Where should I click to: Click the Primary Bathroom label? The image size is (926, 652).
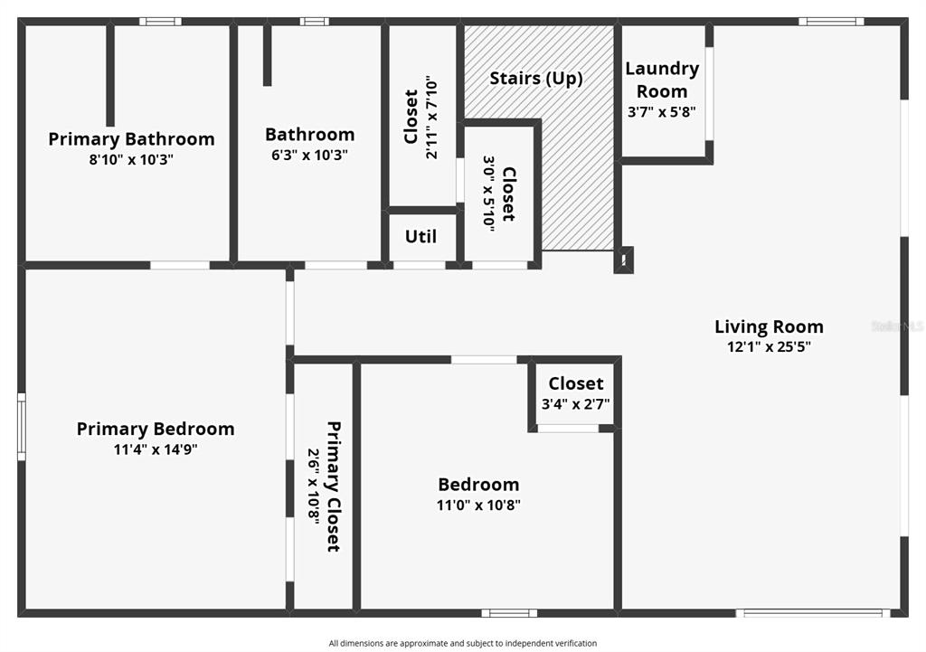click(x=131, y=139)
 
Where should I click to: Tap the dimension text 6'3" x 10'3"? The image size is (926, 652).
click(x=309, y=155)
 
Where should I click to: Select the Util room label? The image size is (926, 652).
click(x=420, y=236)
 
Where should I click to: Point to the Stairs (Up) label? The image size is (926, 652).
click(x=536, y=78)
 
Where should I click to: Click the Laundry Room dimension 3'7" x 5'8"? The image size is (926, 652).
click(x=661, y=111)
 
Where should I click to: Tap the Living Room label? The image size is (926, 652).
click(x=769, y=326)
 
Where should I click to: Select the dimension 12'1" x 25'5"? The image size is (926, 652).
click(x=769, y=346)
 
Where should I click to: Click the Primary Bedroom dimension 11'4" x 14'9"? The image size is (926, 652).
click(x=156, y=449)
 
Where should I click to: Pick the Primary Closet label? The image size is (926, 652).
click(x=334, y=487)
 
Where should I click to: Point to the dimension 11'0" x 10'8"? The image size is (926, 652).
click(x=478, y=505)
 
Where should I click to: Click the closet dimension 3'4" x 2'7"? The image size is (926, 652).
click(x=576, y=404)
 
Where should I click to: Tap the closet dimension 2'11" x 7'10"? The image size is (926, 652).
click(x=431, y=117)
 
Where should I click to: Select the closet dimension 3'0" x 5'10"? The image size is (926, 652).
click(x=489, y=194)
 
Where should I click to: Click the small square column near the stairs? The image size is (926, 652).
click(x=624, y=260)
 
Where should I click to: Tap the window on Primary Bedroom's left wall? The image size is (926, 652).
click(x=22, y=427)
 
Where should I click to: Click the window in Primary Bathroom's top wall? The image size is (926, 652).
click(x=161, y=22)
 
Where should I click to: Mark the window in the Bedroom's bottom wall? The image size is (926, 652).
click(x=509, y=613)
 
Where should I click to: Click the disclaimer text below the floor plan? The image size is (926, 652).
click(x=463, y=643)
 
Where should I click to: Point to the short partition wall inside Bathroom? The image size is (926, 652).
click(x=267, y=55)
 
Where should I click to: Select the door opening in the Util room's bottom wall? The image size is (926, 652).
click(x=420, y=265)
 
